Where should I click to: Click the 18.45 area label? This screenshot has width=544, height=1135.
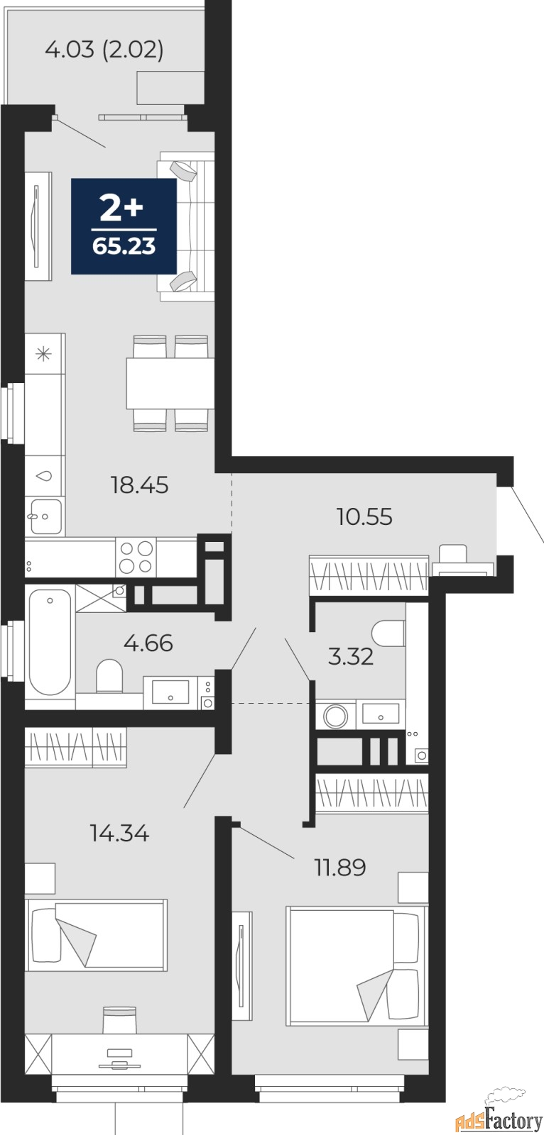tap(140, 485)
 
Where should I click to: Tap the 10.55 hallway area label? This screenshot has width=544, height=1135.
tap(364, 517)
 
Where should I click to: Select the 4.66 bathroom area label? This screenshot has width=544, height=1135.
tap(148, 643)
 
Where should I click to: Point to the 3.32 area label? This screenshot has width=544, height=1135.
tap(351, 657)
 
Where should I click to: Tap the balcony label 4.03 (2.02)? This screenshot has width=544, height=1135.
tap(104, 50)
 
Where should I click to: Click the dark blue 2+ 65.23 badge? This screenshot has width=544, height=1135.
tap(124, 226)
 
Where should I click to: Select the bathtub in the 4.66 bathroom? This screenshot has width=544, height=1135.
tap(50, 642)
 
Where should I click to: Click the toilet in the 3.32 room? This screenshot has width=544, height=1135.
tap(388, 633)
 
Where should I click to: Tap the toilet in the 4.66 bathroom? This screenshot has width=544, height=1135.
tap(109, 675)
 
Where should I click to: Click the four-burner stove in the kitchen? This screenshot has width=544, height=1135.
tap(136, 558)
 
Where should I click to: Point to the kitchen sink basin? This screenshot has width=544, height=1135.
tap(45, 516)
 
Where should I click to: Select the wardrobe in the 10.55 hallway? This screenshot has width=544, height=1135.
tap(369, 575)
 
